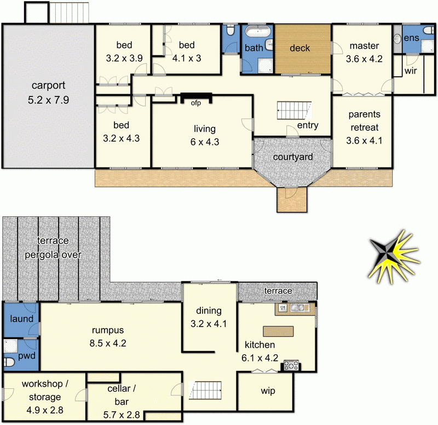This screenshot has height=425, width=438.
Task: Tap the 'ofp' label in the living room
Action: click(195, 102)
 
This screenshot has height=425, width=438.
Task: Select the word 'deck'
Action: click(300, 48)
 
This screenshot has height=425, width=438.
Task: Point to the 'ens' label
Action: click(411, 38)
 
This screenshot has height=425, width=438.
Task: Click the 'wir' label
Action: click(412, 71)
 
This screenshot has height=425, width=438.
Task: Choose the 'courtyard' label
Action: click(293, 157)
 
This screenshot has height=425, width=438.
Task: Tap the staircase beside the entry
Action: click(295, 111)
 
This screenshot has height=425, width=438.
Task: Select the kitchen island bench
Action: click(278, 331)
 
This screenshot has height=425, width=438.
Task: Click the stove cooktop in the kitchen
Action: click(289, 365)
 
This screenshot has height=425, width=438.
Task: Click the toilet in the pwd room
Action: click(9, 363)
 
